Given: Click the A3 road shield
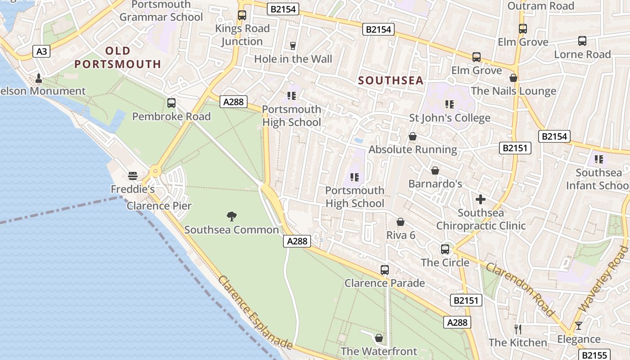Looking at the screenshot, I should [41, 51].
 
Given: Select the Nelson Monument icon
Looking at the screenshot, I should [38, 79].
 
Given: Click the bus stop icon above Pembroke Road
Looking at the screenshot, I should [171, 103].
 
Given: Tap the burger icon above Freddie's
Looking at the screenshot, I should [132, 175].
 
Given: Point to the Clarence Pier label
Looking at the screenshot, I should [159, 206].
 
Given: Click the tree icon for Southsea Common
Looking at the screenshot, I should [232, 216].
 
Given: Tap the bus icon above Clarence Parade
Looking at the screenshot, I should [385, 270].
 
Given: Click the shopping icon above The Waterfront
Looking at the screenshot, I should [379, 338].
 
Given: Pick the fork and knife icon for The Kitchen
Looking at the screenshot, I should [518, 329].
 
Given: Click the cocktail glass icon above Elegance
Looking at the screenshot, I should [579, 326].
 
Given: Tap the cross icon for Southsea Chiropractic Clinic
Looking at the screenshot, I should [481, 199].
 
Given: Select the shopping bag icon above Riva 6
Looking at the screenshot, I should [400, 222].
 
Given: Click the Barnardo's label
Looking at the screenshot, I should [435, 184].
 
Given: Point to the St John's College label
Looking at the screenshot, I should [450, 118].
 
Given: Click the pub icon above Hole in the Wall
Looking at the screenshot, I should [293, 45].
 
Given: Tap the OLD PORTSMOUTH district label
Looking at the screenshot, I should [118, 58].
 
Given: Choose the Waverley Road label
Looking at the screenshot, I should [603, 279].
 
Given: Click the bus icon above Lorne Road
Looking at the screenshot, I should [582, 41].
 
